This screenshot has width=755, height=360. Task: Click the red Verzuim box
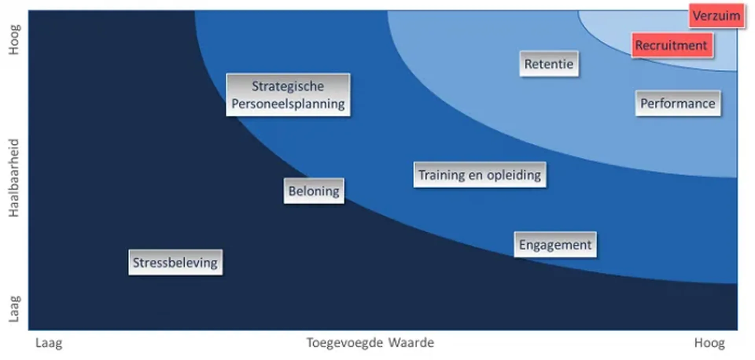tap(717, 16)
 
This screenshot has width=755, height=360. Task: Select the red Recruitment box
tap(672, 46)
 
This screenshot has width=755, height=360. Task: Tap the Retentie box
tap(549, 64)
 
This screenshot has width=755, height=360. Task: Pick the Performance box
tap(678, 103)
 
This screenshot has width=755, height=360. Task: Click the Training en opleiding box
tap(480, 175)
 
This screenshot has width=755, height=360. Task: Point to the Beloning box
tap(314, 191)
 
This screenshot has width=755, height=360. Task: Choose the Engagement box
tap(555, 245)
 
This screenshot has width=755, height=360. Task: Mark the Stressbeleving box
tap(175, 262)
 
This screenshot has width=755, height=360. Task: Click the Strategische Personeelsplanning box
tap(288, 95)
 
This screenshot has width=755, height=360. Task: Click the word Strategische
tap(288, 86)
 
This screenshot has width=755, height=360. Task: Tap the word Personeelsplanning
tap(288, 104)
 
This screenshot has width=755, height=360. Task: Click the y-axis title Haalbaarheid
tap(14, 178)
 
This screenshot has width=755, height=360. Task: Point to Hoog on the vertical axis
tap(14, 40)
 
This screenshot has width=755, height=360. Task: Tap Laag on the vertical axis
tap(14, 309)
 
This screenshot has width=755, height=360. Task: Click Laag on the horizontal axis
tap(49, 343)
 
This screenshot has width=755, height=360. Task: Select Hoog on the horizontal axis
tap(709, 343)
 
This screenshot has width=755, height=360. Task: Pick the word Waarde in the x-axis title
tap(411, 343)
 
